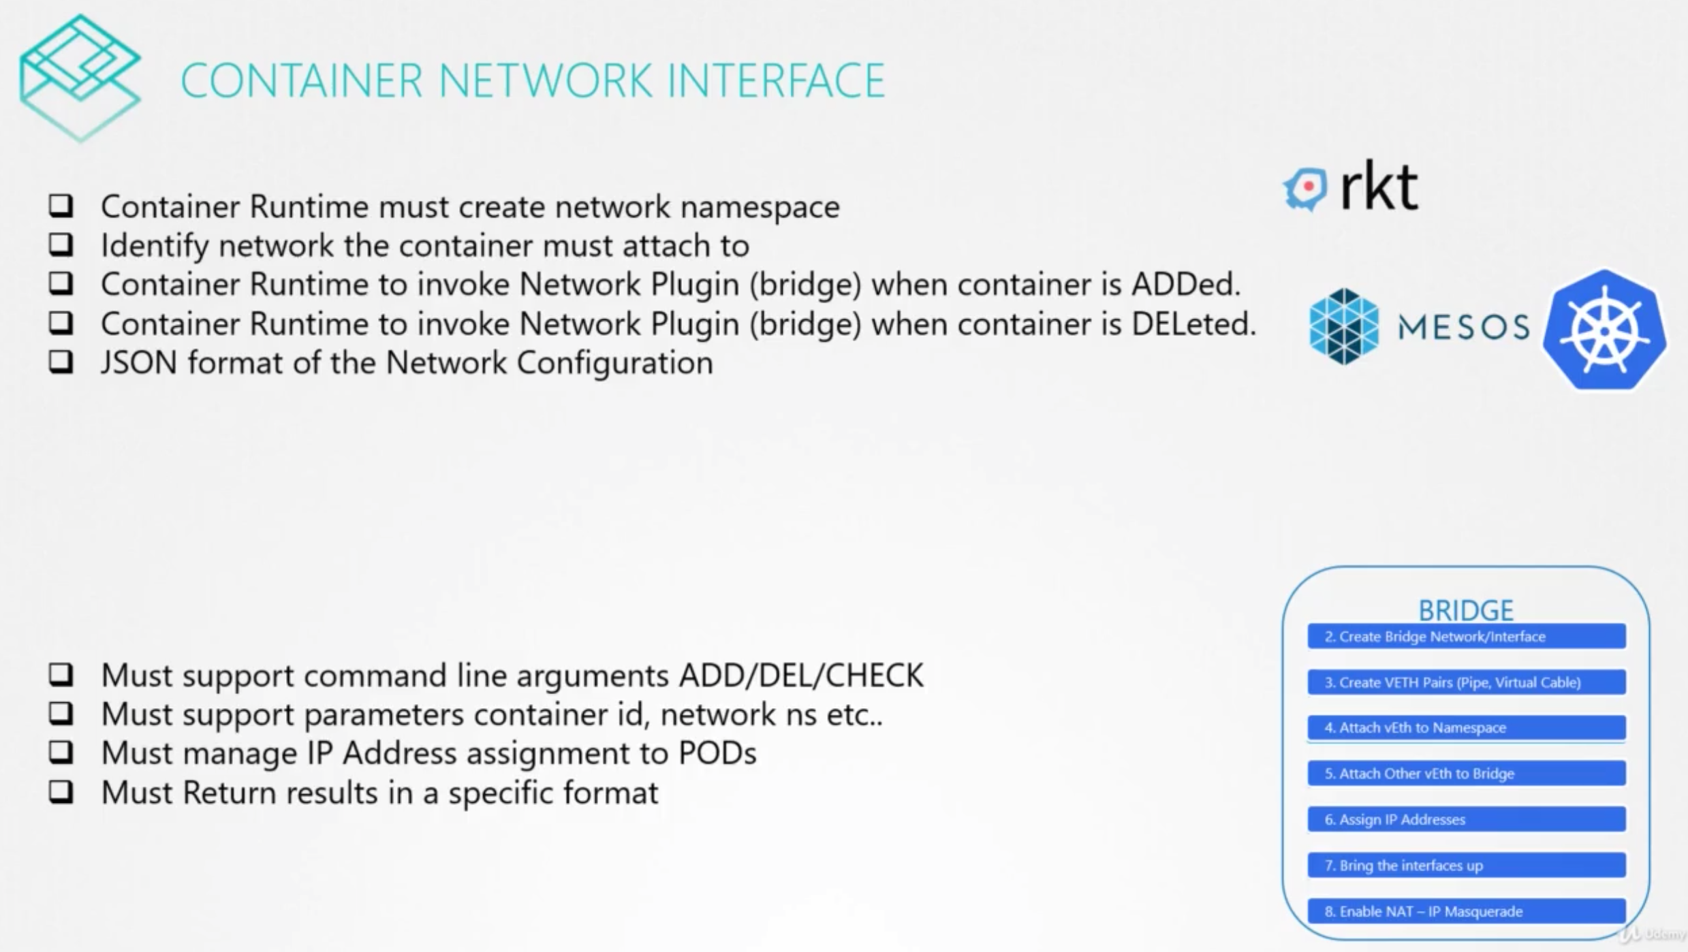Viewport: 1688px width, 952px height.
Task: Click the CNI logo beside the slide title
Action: point(80,76)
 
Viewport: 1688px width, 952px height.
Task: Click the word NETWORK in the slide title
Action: point(545,80)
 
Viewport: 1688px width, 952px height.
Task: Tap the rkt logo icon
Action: point(1305,189)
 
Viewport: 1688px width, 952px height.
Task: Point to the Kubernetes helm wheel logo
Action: point(1604,330)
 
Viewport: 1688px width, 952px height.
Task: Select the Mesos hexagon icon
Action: point(1343,326)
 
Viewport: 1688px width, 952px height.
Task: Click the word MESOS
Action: point(1463,328)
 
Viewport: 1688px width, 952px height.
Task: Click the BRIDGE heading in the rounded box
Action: point(1466,609)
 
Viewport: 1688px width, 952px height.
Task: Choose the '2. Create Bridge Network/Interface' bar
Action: point(1466,637)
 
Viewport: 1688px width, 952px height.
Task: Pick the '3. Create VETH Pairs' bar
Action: point(1466,682)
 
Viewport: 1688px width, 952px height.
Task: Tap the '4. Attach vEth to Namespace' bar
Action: point(1466,728)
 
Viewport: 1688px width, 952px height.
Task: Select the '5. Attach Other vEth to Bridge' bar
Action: point(1466,774)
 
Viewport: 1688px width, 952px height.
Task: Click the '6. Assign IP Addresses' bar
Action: point(1466,819)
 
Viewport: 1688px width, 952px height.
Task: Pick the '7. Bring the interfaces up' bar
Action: point(1466,866)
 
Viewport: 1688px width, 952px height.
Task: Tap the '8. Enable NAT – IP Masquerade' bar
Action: point(1466,911)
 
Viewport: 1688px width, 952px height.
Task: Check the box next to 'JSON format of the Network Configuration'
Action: point(61,362)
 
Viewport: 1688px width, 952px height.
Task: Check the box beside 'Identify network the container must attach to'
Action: point(61,244)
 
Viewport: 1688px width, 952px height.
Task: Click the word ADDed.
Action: point(1185,285)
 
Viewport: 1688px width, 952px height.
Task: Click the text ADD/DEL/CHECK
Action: point(801,676)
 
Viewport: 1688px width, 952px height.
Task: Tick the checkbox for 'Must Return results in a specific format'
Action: point(61,792)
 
